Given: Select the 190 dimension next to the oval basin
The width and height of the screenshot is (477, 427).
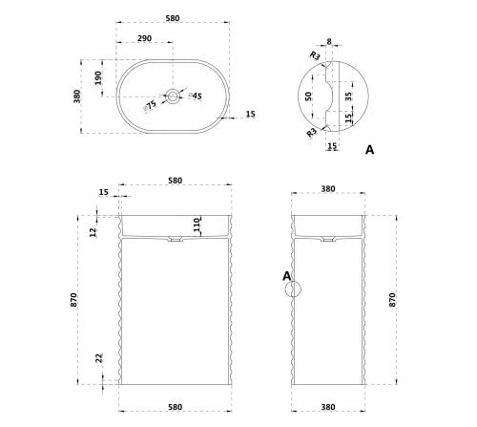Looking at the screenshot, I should (x=98, y=76).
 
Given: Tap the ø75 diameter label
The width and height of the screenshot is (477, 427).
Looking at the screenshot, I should (x=151, y=105).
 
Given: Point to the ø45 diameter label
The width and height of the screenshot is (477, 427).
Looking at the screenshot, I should (x=195, y=96).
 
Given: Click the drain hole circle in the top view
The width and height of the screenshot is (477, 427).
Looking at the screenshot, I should (x=173, y=96).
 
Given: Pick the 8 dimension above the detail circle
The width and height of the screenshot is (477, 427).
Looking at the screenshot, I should (x=329, y=41).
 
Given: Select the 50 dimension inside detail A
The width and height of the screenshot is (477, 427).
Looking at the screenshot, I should (x=307, y=96).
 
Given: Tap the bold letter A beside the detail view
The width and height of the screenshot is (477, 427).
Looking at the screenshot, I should (x=369, y=151).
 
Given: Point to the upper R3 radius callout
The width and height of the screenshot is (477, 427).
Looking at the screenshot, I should (x=314, y=56).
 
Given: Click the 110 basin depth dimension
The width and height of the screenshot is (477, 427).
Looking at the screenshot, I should (x=196, y=225).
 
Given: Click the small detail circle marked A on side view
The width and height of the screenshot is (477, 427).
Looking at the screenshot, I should (x=294, y=288).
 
